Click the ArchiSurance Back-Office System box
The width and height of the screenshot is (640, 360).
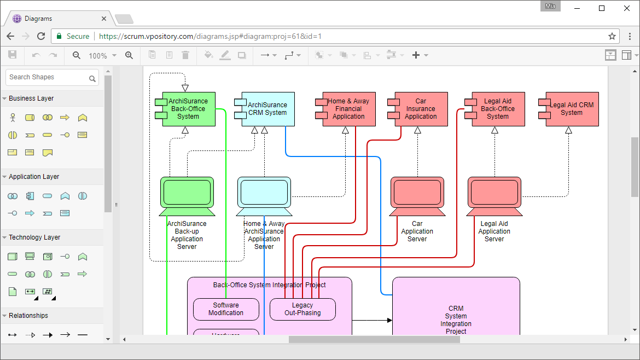[x=188, y=109]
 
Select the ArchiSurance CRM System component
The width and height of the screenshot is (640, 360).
[x=267, y=109]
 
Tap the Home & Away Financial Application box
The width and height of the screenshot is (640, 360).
[x=348, y=109]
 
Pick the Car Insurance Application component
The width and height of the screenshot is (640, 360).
[x=421, y=109]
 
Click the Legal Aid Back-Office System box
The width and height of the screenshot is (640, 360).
[x=498, y=109]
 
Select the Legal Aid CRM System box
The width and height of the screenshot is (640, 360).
[x=572, y=109]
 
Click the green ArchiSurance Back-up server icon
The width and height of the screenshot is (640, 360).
[x=187, y=193]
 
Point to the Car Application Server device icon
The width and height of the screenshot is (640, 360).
[x=417, y=193]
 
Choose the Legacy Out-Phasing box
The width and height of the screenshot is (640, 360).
[x=302, y=309]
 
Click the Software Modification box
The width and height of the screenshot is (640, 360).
[x=226, y=309]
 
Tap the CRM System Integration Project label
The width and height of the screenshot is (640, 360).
[x=456, y=320]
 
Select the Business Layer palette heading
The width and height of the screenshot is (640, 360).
[x=31, y=98]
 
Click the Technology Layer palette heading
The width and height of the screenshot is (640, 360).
[x=34, y=237]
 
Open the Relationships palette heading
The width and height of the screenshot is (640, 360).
[x=28, y=316]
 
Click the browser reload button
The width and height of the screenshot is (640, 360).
[x=41, y=36]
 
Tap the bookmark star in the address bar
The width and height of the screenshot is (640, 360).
[x=612, y=36]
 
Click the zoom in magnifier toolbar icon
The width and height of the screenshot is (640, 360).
[x=129, y=55]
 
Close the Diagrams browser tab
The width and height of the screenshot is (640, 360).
[x=104, y=19]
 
